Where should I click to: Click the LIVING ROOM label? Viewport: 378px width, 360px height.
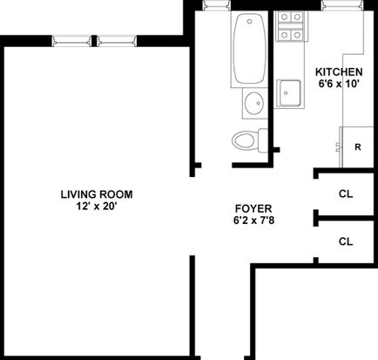[x=97, y=194]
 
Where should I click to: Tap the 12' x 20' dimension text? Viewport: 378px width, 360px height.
[x=97, y=207]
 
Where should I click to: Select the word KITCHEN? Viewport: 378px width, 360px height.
[x=339, y=71]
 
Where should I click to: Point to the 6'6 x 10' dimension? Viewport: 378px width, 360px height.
[x=339, y=84]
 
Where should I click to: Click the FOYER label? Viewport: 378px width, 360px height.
[x=253, y=208]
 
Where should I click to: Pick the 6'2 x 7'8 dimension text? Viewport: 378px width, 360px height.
[x=253, y=221]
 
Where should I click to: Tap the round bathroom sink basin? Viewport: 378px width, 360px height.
[x=253, y=103]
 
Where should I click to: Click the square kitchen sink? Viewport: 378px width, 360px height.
[x=289, y=93]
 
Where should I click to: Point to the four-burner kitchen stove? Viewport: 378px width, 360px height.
[x=290, y=26]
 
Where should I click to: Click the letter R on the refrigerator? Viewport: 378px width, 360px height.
[x=358, y=147]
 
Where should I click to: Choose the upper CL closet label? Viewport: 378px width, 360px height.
[x=346, y=194]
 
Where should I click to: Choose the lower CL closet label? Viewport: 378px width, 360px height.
[x=346, y=241]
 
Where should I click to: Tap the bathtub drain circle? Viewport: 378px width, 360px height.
[x=249, y=21]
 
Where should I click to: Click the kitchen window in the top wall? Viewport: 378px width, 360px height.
[x=342, y=5]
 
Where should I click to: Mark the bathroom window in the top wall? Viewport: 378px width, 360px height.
[x=216, y=5]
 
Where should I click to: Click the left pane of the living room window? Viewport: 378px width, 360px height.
[x=71, y=41]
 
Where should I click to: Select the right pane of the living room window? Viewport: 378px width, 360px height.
[x=117, y=41]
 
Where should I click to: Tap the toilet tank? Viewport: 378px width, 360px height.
[x=263, y=140]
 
